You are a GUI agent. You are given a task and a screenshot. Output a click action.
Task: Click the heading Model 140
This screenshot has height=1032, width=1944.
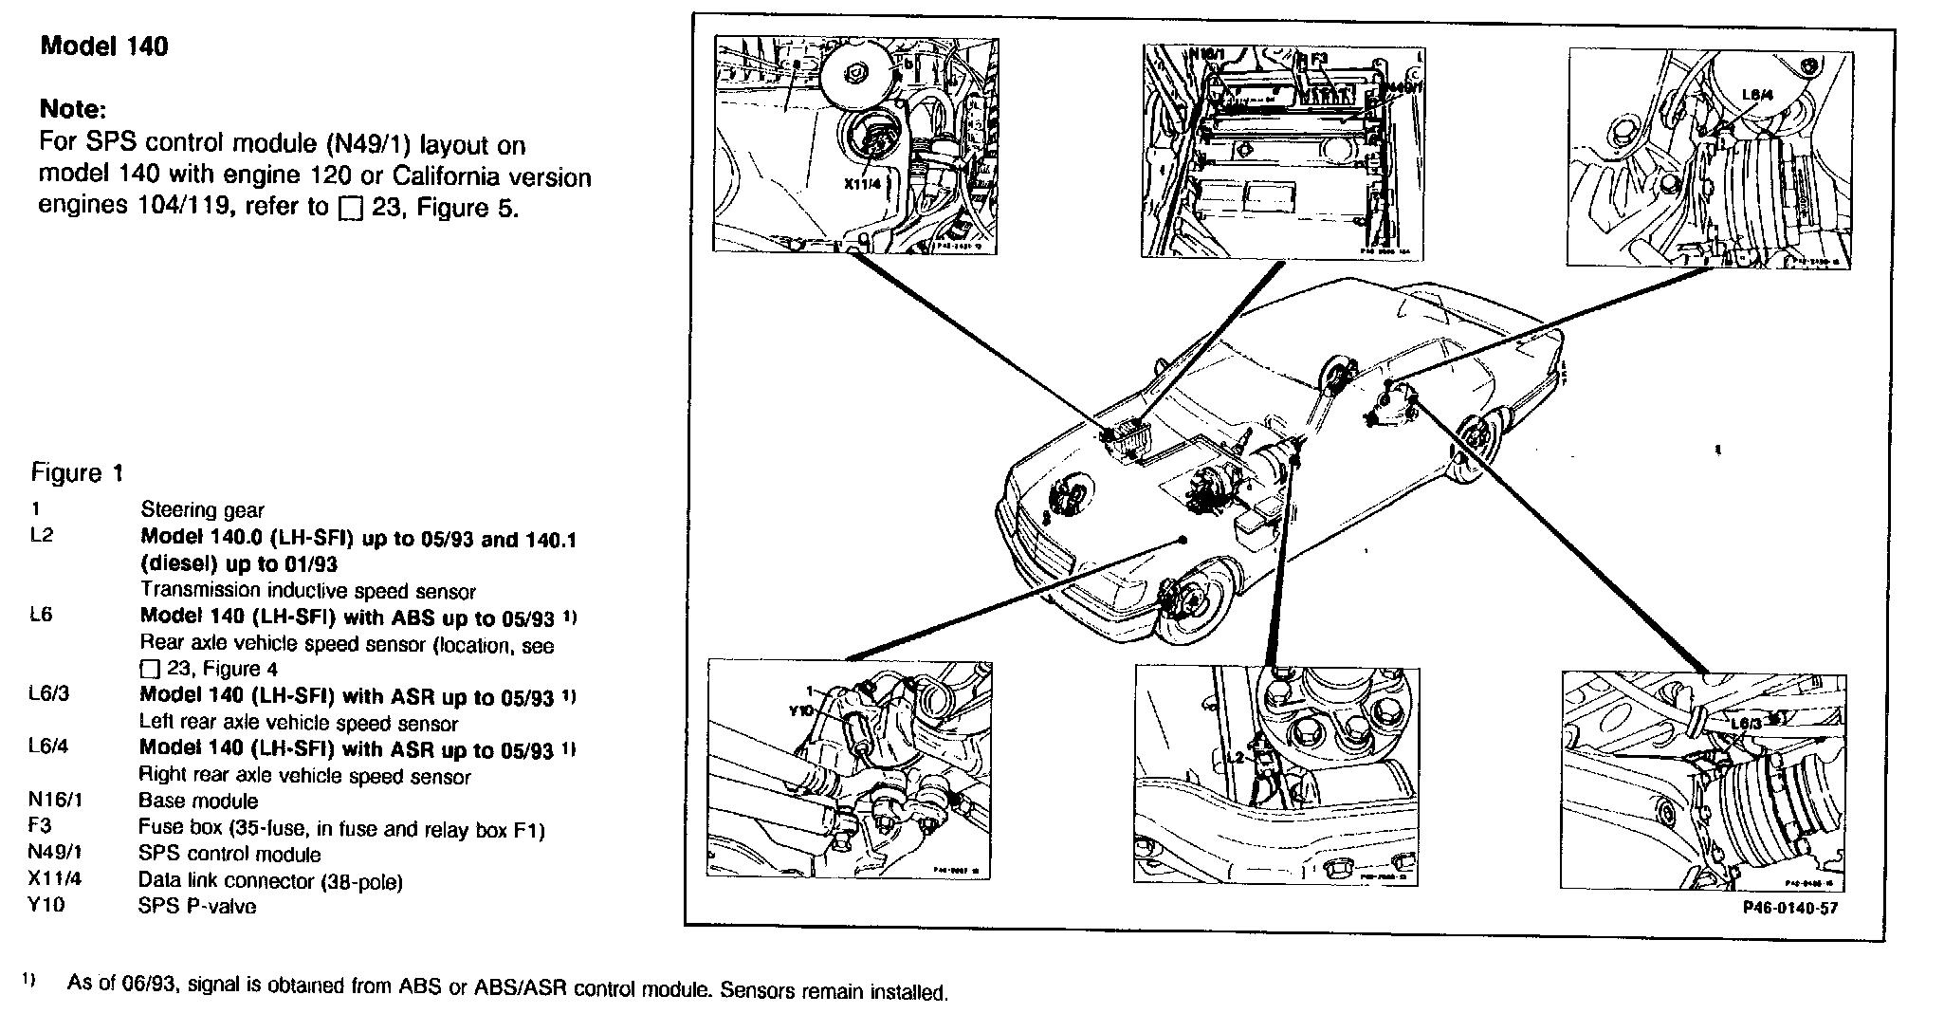(104, 47)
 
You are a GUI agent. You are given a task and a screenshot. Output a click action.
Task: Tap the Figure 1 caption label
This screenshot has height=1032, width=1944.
(78, 473)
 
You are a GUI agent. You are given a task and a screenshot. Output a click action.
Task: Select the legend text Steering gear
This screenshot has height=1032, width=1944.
(202, 510)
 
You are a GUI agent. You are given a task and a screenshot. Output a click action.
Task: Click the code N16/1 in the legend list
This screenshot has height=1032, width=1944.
(56, 800)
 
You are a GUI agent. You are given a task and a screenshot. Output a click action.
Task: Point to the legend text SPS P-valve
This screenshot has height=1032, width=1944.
(197, 906)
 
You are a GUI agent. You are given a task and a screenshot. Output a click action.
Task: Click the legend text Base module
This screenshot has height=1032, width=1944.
(198, 801)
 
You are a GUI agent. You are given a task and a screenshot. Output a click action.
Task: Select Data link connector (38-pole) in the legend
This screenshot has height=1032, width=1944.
(270, 881)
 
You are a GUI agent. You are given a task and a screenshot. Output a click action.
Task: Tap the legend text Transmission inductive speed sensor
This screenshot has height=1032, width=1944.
(308, 591)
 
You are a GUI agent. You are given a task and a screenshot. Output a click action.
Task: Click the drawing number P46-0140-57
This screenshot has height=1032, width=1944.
(1788, 908)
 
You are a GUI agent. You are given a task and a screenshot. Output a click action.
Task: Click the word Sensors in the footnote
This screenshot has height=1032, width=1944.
(749, 993)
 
